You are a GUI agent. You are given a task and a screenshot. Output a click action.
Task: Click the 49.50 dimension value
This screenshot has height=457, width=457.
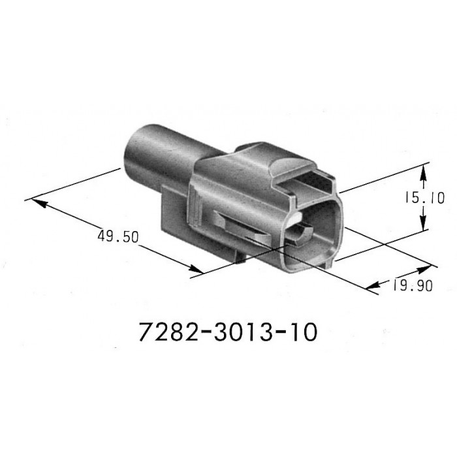(x=118, y=236)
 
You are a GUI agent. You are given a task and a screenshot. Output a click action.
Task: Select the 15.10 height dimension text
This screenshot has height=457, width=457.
(x=424, y=198)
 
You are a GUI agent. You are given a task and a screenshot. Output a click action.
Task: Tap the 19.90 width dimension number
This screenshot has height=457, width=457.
(x=413, y=285)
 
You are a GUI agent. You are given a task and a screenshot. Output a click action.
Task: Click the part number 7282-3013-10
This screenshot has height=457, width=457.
(x=228, y=332)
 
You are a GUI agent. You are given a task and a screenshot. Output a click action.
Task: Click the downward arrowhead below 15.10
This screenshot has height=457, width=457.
(x=424, y=221)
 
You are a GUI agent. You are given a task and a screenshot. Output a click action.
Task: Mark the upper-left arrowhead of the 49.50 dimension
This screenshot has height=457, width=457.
(x=39, y=203)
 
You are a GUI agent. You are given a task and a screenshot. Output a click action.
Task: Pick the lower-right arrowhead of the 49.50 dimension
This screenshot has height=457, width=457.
(x=196, y=269)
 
